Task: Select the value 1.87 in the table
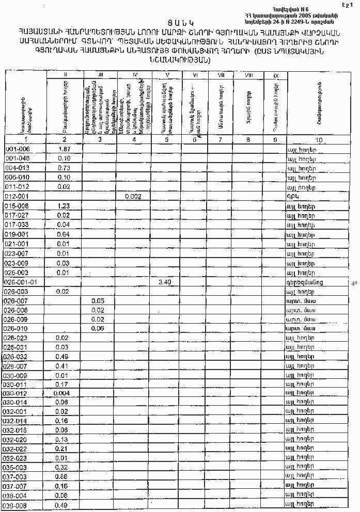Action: click(64, 149)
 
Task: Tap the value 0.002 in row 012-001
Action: click(134, 196)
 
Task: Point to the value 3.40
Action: click(165, 282)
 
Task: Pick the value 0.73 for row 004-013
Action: click(64, 168)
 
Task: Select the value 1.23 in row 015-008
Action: click(64, 205)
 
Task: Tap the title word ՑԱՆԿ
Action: click(176, 23)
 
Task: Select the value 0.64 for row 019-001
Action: click(64, 234)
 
